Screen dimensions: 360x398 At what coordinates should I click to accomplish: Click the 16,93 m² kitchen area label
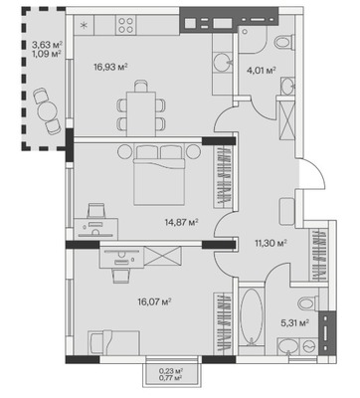point(110,68)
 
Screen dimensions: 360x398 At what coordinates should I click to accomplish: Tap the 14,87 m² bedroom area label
point(181,222)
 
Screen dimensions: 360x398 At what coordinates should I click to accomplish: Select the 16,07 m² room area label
point(154,301)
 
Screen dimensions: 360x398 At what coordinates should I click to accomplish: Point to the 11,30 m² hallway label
point(270,243)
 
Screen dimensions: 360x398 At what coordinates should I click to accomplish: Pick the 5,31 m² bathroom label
point(295,322)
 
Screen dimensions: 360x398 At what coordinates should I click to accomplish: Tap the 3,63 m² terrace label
point(47,44)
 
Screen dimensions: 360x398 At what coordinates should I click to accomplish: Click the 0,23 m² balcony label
point(171,371)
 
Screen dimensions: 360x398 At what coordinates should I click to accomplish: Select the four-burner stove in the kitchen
point(125,25)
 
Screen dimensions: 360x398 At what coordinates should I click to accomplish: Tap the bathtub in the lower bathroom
point(252,317)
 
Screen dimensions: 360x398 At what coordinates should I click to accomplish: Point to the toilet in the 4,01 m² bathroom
point(284,43)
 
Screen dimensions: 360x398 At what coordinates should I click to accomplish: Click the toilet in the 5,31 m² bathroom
point(308,303)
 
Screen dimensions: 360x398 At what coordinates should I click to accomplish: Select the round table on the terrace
point(48,111)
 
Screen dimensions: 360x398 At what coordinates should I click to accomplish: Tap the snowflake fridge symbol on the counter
point(85,25)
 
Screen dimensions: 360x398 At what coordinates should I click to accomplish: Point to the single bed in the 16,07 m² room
point(114,342)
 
